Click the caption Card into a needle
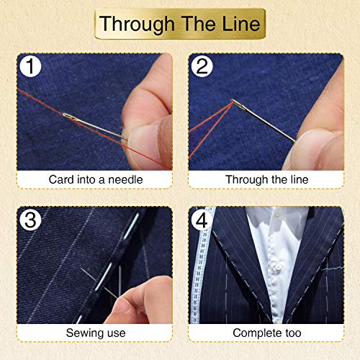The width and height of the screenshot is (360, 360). tap(95, 179)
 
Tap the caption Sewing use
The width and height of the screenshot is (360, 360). tap(95, 333)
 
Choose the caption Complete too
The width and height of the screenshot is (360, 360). tap(266, 333)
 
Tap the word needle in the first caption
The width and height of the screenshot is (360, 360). tap(127, 179)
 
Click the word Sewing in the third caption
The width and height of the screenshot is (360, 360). tap(85, 333)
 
